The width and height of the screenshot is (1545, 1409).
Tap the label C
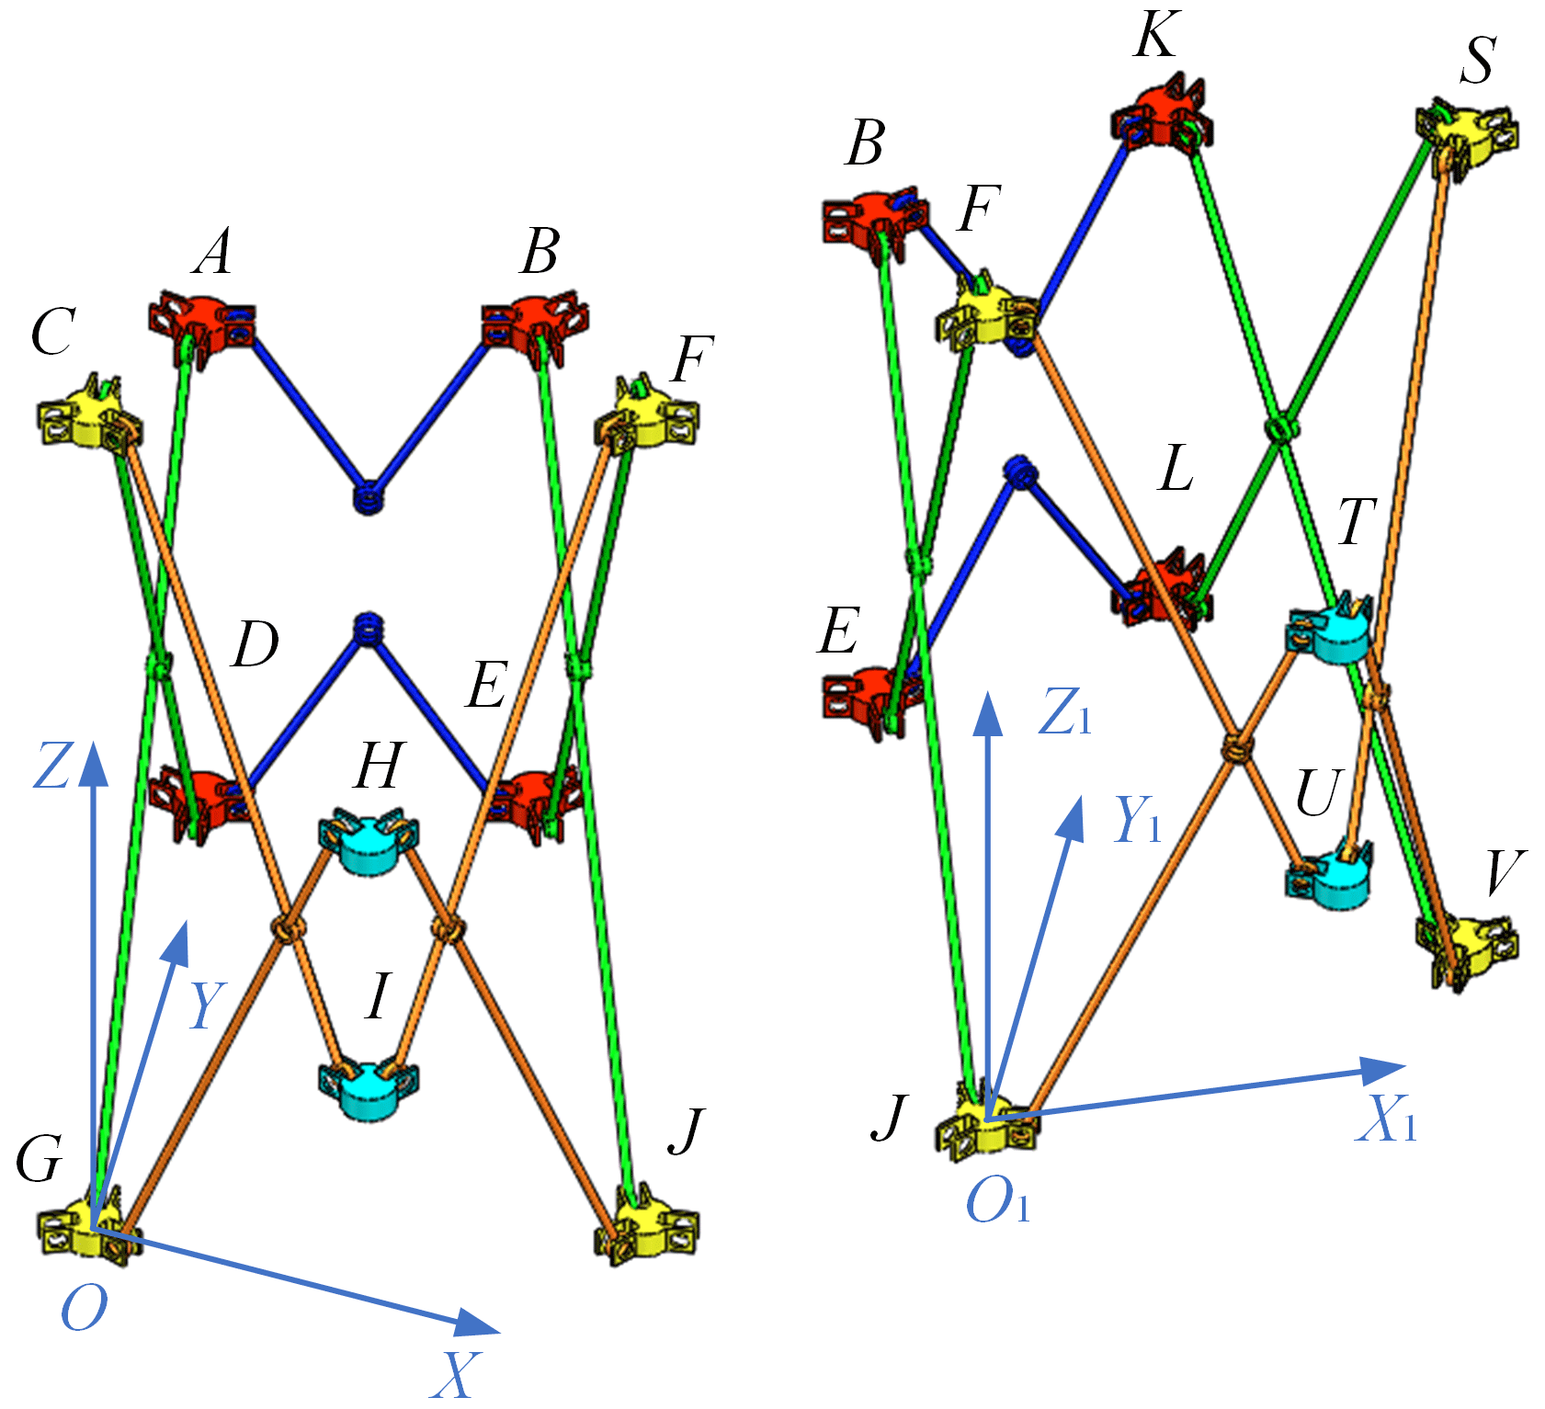coord(51,332)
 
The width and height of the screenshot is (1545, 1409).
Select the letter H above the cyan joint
coord(379,765)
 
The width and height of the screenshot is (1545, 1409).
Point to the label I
coord(377,997)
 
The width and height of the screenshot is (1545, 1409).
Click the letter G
coord(40,1159)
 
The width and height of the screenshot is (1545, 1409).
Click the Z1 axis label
coord(1064,712)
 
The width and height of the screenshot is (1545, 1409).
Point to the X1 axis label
coord(1386,1120)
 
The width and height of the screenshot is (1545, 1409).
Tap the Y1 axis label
coord(1138,819)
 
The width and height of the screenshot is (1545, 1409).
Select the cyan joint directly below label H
coord(368,841)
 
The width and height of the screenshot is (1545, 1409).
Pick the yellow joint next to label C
coord(89,419)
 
